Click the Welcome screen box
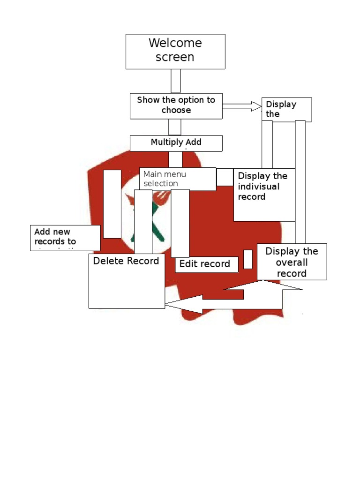click(x=175, y=51)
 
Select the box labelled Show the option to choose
click(x=176, y=105)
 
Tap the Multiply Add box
click(x=176, y=143)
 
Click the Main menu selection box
click(x=178, y=179)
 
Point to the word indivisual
click(x=259, y=187)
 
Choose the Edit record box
click(x=205, y=264)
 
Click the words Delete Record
click(x=126, y=261)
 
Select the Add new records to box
click(x=65, y=237)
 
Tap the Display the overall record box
click(x=292, y=262)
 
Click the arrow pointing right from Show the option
click(x=241, y=106)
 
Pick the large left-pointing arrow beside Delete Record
click(x=187, y=305)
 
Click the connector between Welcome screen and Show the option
click(x=176, y=81)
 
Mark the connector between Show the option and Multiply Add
click(x=175, y=127)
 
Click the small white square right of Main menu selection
click(x=225, y=177)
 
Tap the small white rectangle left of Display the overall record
click(x=248, y=259)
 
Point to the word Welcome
click(x=175, y=43)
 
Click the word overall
click(x=292, y=262)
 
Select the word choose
click(x=176, y=111)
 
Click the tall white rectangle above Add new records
click(x=112, y=204)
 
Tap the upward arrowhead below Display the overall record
click(x=264, y=286)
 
